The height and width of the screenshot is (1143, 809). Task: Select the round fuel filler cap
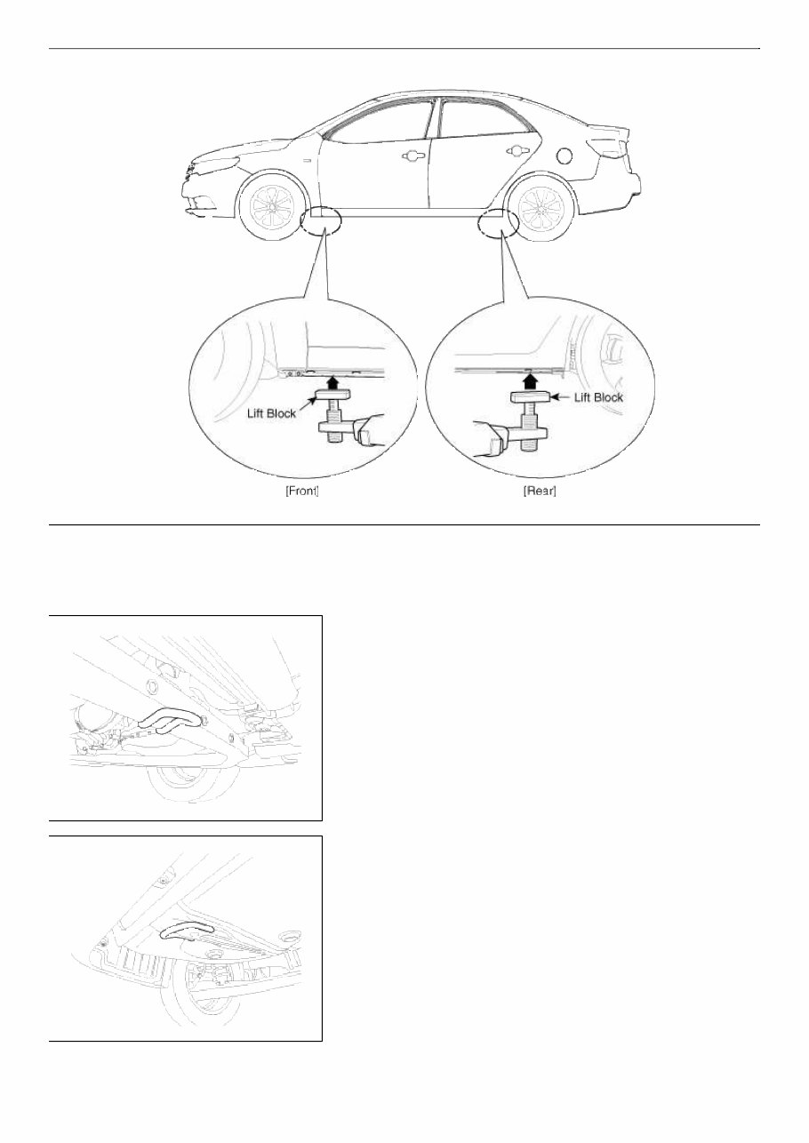pyautogui.click(x=563, y=156)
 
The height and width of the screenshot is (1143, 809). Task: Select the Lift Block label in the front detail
pyautogui.click(x=271, y=413)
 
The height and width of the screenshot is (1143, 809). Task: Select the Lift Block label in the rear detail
pyautogui.click(x=598, y=397)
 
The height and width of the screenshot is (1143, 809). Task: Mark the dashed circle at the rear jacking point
pyautogui.click(x=497, y=223)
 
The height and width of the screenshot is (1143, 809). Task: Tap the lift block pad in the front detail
pyautogui.click(x=331, y=396)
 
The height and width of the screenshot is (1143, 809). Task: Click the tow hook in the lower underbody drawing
pyautogui.click(x=187, y=929)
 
